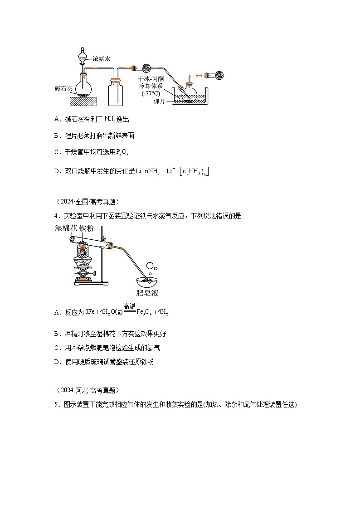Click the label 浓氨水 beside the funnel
click(102, 58)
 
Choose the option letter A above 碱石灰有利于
click(57, 119)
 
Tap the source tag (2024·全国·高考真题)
click(86, 202)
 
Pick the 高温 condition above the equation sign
click(130, 307)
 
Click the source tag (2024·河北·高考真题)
click(86, 390)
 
